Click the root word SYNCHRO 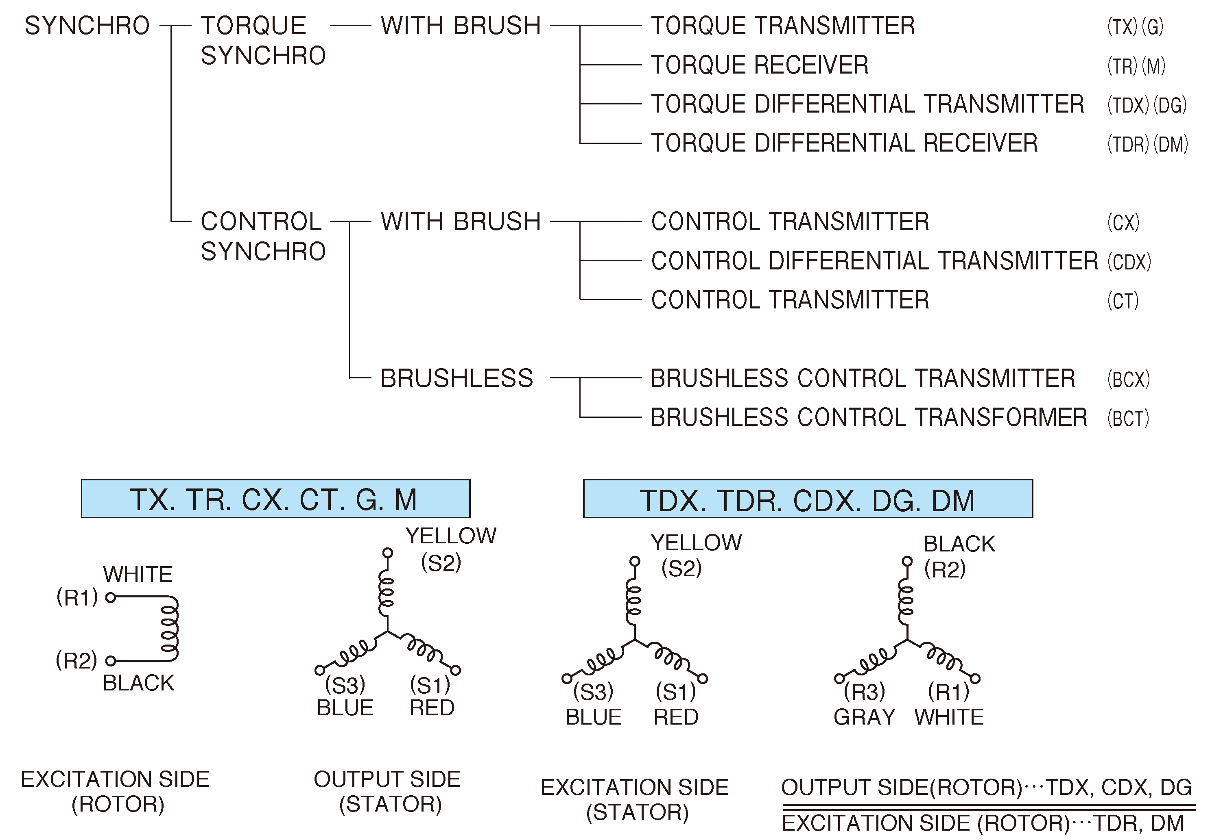click(x=87, y=26)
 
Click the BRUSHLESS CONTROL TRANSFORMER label click(x=868, y=417)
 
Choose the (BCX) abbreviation click(x=1128, y=379)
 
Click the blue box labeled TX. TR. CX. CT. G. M click(x=275, y=498)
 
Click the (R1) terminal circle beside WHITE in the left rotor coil click(x=111, y=597)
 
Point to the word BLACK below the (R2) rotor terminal click(x=138, y=683)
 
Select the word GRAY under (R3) click(x=864, y=717)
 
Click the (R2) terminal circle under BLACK click(x=906, y=561)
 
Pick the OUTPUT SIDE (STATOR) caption click(x=388, y=791)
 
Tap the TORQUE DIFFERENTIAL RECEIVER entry click(x=844, y=143)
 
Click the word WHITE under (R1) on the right click(x=949, y=717)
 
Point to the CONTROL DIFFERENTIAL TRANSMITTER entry click(x=874, y=261)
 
